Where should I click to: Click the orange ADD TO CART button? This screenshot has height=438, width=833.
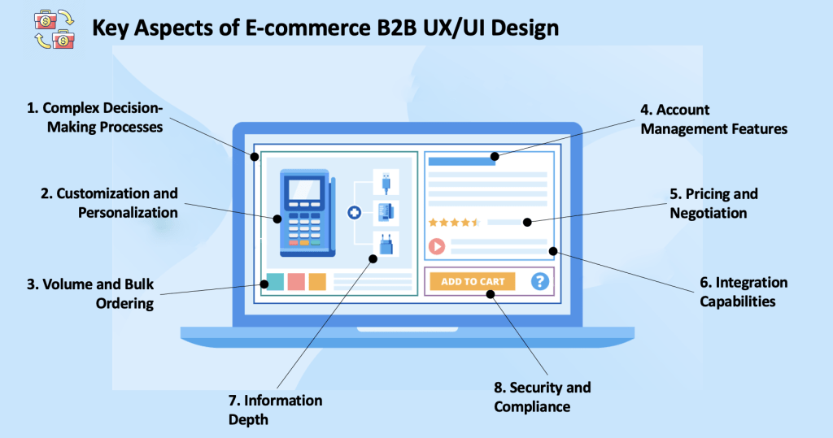[473, 281]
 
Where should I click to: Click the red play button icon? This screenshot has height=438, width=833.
[437, 246]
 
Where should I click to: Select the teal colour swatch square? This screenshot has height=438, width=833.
[275, 281]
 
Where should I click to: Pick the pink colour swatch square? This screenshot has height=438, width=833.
[296, 281]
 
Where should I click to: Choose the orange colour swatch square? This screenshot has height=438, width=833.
[317, 281]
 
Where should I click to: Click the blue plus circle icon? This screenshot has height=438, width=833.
[354, 213]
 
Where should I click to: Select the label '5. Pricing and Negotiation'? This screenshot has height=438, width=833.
[713, 203]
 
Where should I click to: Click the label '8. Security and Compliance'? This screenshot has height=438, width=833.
[543, 397]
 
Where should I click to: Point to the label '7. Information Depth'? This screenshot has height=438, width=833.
[275, 410]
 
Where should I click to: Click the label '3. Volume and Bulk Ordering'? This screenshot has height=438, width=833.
[89, 294]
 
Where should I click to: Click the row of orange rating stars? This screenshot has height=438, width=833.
[454, 221]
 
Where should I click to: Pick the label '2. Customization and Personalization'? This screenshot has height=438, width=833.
[109, 203]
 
